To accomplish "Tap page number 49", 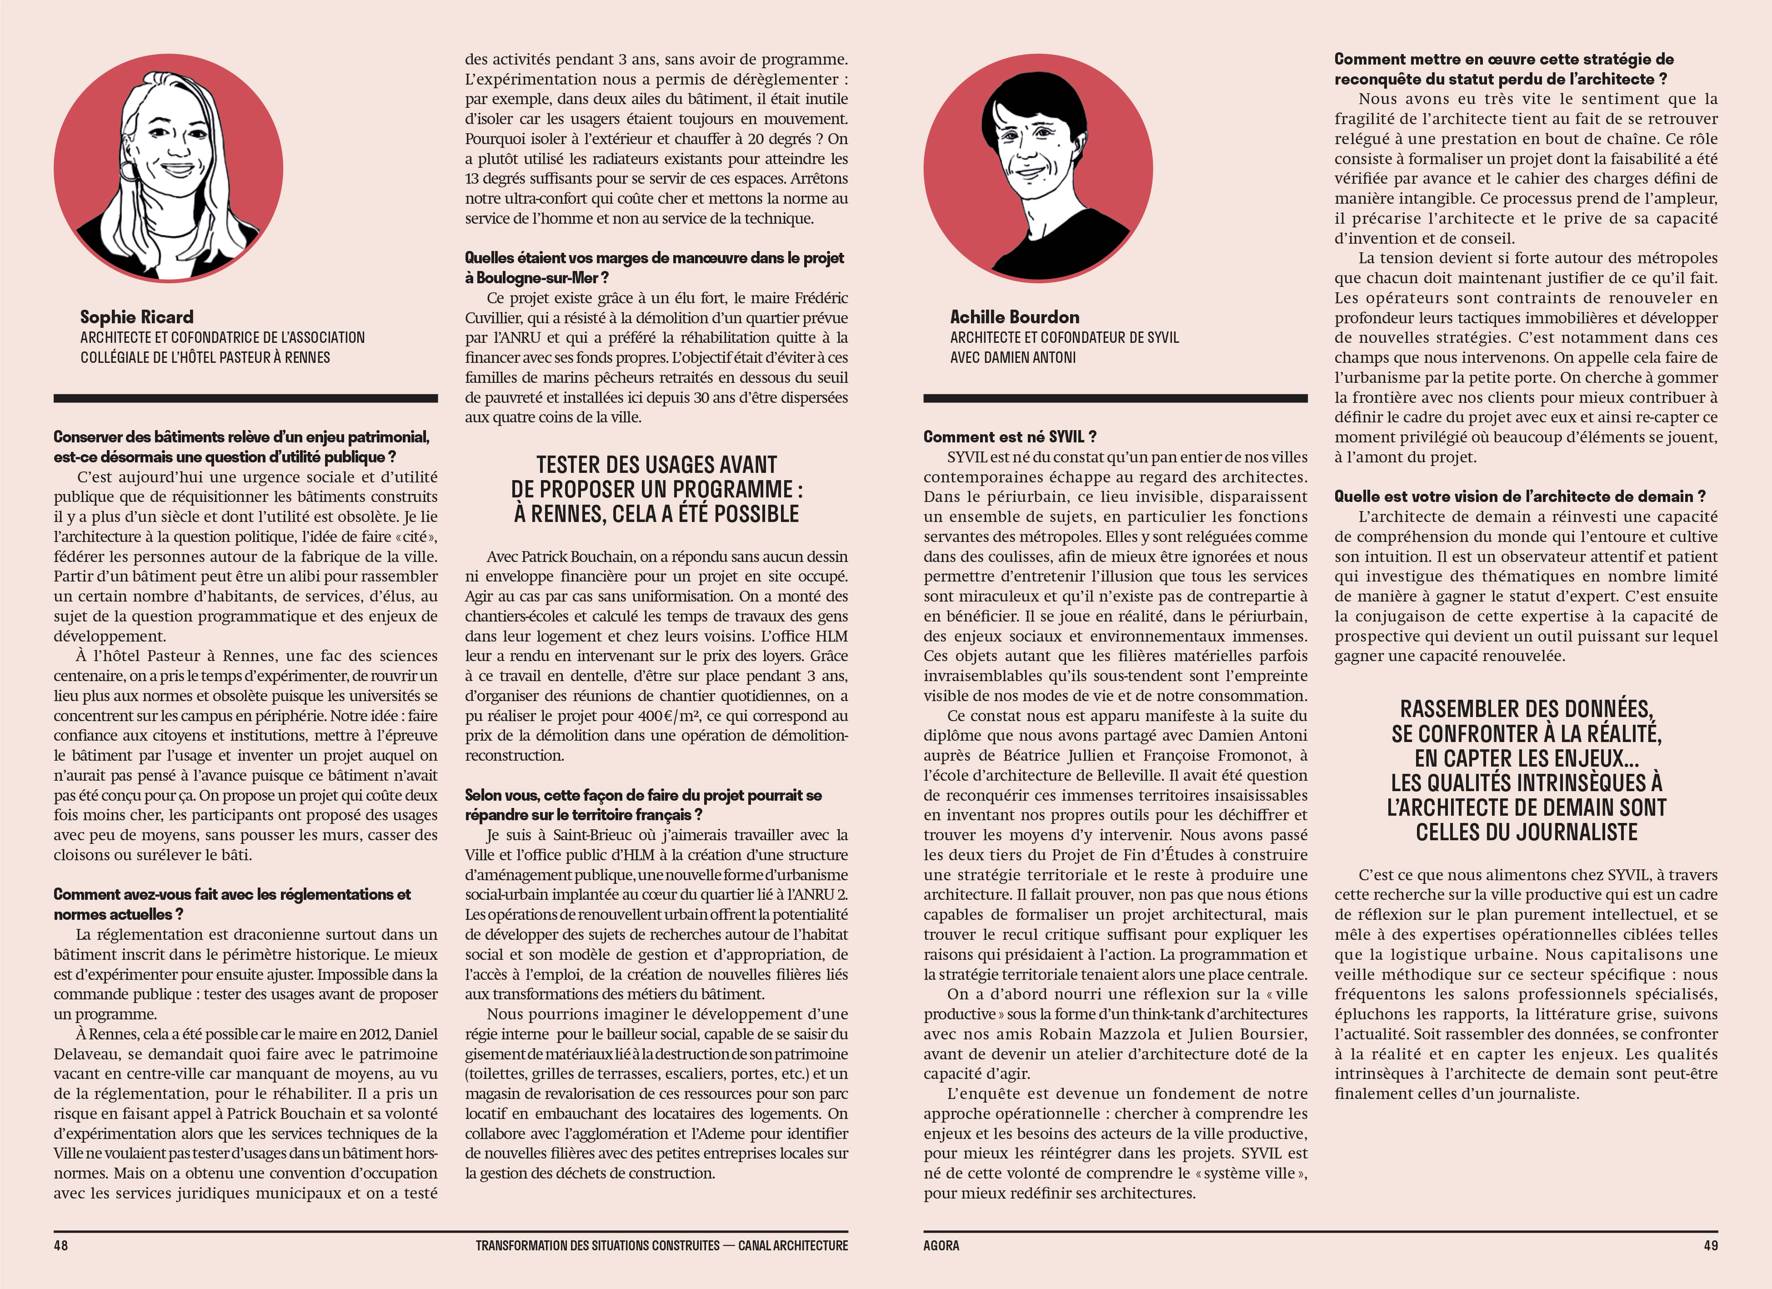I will coord(1710,1245).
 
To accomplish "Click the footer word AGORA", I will coord(941,1245).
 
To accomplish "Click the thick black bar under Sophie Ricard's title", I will coord(245,398).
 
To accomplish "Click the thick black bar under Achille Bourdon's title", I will coord(1115,398).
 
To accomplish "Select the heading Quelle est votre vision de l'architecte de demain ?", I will coord(1520,496).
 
